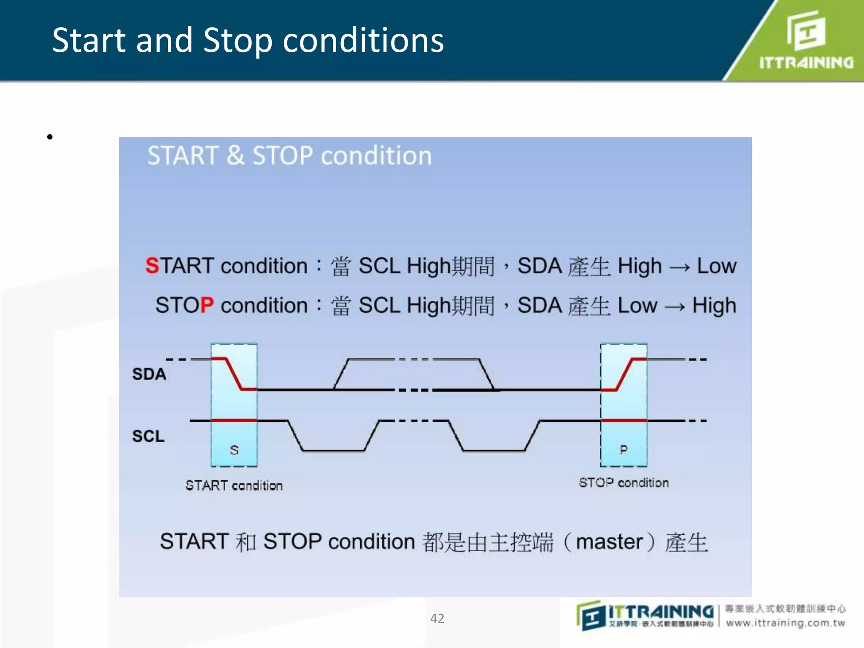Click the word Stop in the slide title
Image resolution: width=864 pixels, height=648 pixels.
pos(238,41)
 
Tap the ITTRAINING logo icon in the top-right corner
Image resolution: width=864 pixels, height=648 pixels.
pos(806,30)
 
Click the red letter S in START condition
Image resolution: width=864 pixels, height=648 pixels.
pos(152,266)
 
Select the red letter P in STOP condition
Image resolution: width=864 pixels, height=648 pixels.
pos(207,305)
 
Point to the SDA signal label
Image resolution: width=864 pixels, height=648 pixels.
pos(149,374)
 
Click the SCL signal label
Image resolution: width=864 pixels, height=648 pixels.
pos(148,436)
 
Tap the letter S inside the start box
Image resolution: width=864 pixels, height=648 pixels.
pos(234,450)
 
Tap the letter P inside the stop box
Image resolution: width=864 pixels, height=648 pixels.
pos(624,450)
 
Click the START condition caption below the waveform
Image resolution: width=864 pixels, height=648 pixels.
pos(234,486)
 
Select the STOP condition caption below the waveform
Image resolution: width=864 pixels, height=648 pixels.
pos(624,483)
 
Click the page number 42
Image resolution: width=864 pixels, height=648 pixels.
pos(437,618)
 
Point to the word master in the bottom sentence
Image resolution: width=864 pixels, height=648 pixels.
pos(609,542)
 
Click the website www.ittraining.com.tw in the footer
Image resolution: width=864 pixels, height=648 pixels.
pos(786,623)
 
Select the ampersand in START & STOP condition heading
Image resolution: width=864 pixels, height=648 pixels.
pos(235,156)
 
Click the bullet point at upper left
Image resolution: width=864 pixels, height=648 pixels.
pos(50,137)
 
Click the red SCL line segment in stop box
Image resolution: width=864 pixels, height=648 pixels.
pos(624,421)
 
